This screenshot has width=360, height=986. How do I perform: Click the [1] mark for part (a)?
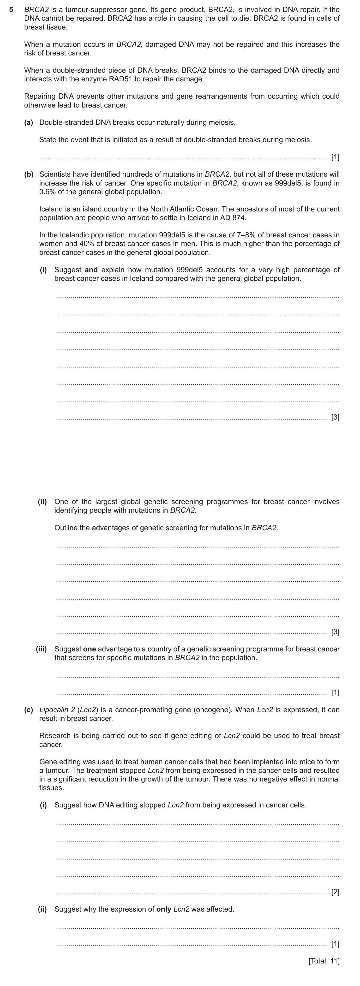click(335, 157)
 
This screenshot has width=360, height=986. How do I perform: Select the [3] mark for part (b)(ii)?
click(335, 632)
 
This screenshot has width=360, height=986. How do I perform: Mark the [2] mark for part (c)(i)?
click(335, 892)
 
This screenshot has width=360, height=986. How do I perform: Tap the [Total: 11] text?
click(324, 961)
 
